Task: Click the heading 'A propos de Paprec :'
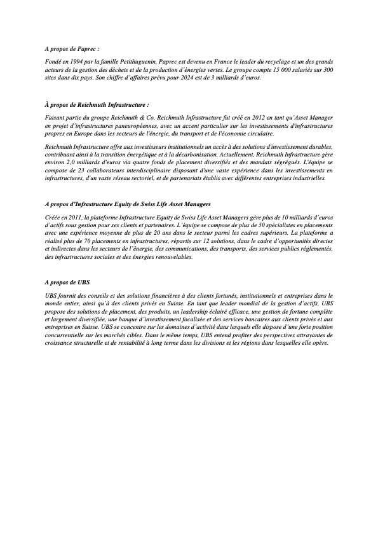point(72,48)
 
